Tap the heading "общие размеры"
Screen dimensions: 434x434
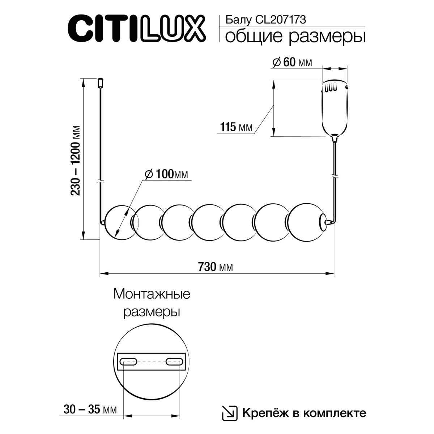(295, 37)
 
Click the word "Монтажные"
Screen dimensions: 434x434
(152, 294)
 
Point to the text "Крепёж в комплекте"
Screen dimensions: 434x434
(304, 413)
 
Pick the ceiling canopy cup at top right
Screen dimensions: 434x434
(335, 107)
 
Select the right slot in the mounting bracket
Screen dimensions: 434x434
(174, 361)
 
